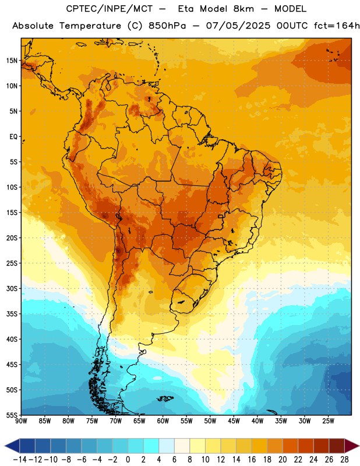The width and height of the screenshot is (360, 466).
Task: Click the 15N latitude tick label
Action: click(12, 61)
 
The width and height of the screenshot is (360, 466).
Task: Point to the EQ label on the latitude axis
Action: click(13, 137)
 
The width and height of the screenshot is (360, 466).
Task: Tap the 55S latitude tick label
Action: click(12, 415)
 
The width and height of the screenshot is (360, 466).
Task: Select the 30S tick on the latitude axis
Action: click(12, 288)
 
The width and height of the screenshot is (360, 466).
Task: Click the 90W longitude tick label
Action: click(22, 421)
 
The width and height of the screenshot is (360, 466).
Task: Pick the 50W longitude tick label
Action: click(210, 421)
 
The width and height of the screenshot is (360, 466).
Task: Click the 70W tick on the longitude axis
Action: click(116, 421)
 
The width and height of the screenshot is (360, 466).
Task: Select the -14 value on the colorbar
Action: click(20, 460)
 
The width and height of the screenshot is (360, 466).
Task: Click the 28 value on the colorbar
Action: click(344, 460)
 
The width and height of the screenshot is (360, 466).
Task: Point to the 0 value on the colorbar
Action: click(128, 460)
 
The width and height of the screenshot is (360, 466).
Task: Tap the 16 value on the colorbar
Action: click(252, 460)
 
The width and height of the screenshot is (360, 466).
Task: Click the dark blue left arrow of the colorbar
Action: click(12, 446)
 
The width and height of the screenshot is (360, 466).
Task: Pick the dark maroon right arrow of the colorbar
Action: click(352, 446)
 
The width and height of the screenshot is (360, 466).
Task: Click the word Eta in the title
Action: click(186, 9)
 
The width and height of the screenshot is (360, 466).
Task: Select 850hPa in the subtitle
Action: click(167, 26)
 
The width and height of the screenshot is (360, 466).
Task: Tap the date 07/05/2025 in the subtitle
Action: click(238, 26)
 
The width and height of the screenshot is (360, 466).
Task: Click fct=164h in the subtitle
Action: click(337, 26)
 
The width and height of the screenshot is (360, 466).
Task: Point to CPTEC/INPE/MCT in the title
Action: click(109, 9)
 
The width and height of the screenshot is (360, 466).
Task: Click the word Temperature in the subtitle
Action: click(90, 26)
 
